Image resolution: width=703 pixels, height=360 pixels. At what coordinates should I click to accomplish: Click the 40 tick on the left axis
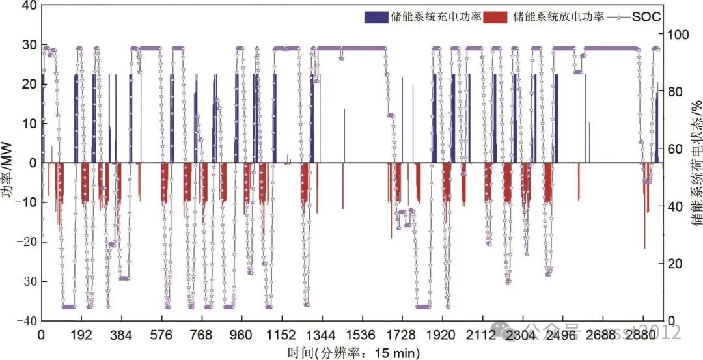29,6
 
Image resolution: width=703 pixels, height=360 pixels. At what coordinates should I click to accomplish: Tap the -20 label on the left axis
26,242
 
